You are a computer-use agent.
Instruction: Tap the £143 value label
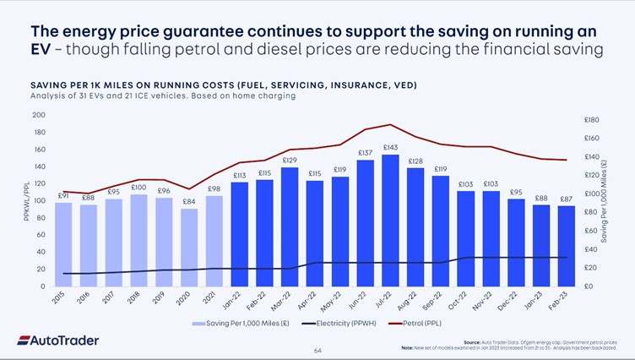point(390,148)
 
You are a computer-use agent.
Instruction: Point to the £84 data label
point(189,201)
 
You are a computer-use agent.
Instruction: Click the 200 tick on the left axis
point(39,115)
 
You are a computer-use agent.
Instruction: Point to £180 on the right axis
point(591,121)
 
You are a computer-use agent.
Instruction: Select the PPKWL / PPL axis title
point(26,200)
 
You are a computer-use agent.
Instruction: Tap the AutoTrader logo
point(57,341)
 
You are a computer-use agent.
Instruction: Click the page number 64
point(317,350)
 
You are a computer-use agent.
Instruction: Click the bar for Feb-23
point(566,246)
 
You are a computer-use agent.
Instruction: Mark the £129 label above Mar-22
point(290,160)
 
